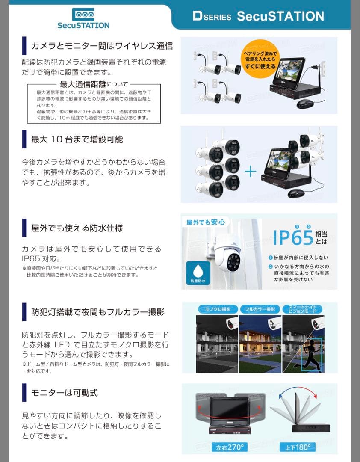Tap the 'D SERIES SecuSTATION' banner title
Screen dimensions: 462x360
pyautogui.click(x=258, y=17)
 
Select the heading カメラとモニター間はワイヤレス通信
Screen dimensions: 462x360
pyautogui.click(x=102, y=46)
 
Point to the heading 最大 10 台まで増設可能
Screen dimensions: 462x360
pyautogui.click(x=77, y=139)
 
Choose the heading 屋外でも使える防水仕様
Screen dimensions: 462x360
pyautogui.click(x=77, y=228)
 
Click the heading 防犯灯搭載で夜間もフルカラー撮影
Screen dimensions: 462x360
pyautogui.click(x=97, y=312)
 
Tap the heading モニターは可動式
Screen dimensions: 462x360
pyautogui.click(x=65, y=392)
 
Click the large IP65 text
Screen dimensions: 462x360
pyautogui.click(x=293, y=238)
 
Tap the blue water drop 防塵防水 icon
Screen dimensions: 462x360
pyautogui.click(x=198, y=274)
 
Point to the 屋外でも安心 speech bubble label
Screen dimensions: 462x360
pyautogui.click(x=205, y=222)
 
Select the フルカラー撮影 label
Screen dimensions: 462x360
pyautogui.click(x=260, y=309)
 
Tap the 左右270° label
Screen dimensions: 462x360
pyautogui.click(x=230, y=447)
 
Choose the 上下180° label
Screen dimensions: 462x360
pyautogui.click(x=295, y=447)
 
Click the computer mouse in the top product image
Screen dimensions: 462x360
pyautogui.click(x=305, y=104)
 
